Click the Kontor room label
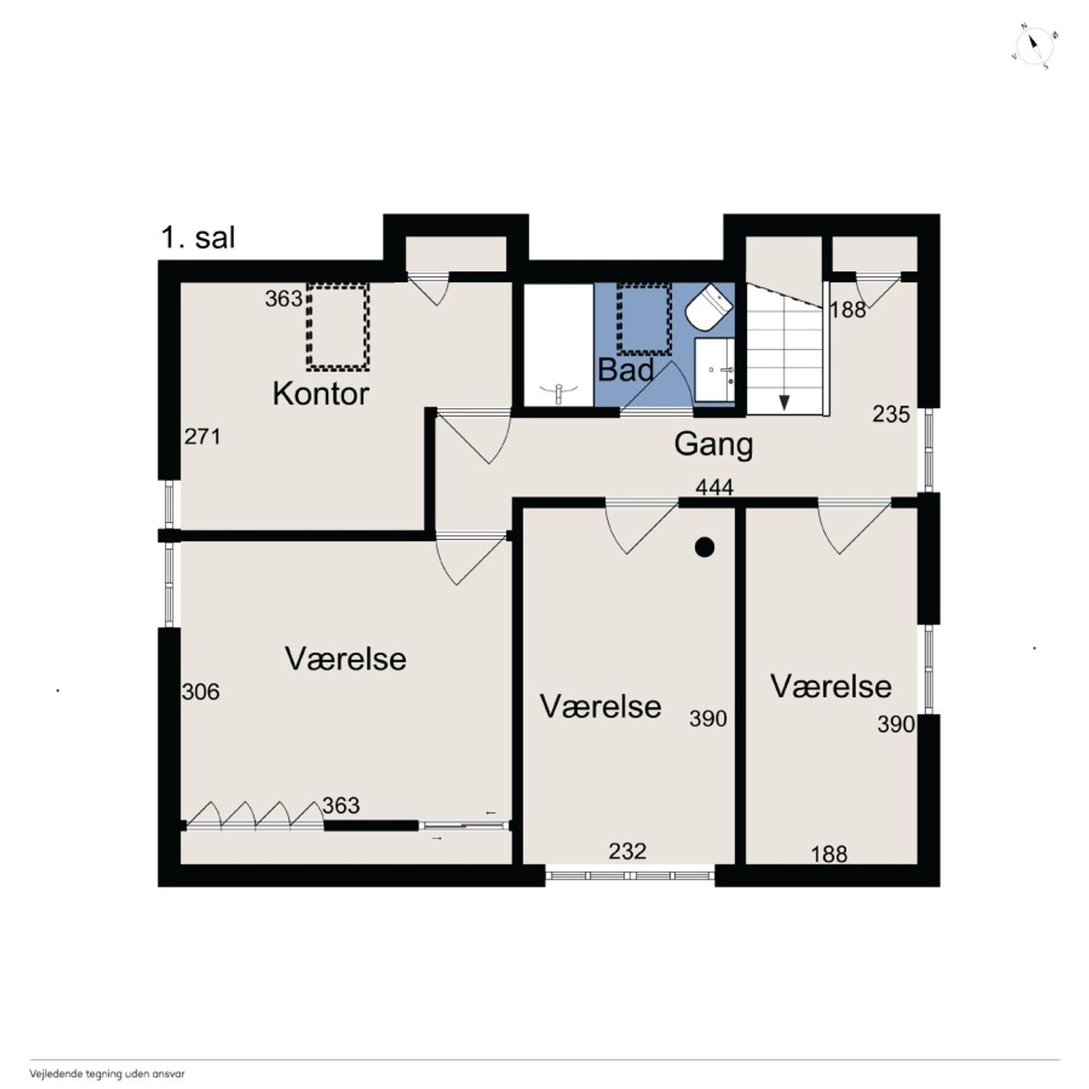(321, 393)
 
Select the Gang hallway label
(713, 445)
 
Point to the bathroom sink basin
(715, 370)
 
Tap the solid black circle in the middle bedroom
(704, 547)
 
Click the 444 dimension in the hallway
(715, 487)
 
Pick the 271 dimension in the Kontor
(202, 436)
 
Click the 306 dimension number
(201, 692)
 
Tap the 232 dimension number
(627, 851)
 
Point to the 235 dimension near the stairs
(892, 414)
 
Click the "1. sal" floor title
(197, 238)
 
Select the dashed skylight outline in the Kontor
(338, 327)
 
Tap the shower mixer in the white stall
(558, 393)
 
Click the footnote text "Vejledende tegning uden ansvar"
(107, 1073)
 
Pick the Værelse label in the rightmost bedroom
(831, 687)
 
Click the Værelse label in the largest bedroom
(345, 659)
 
